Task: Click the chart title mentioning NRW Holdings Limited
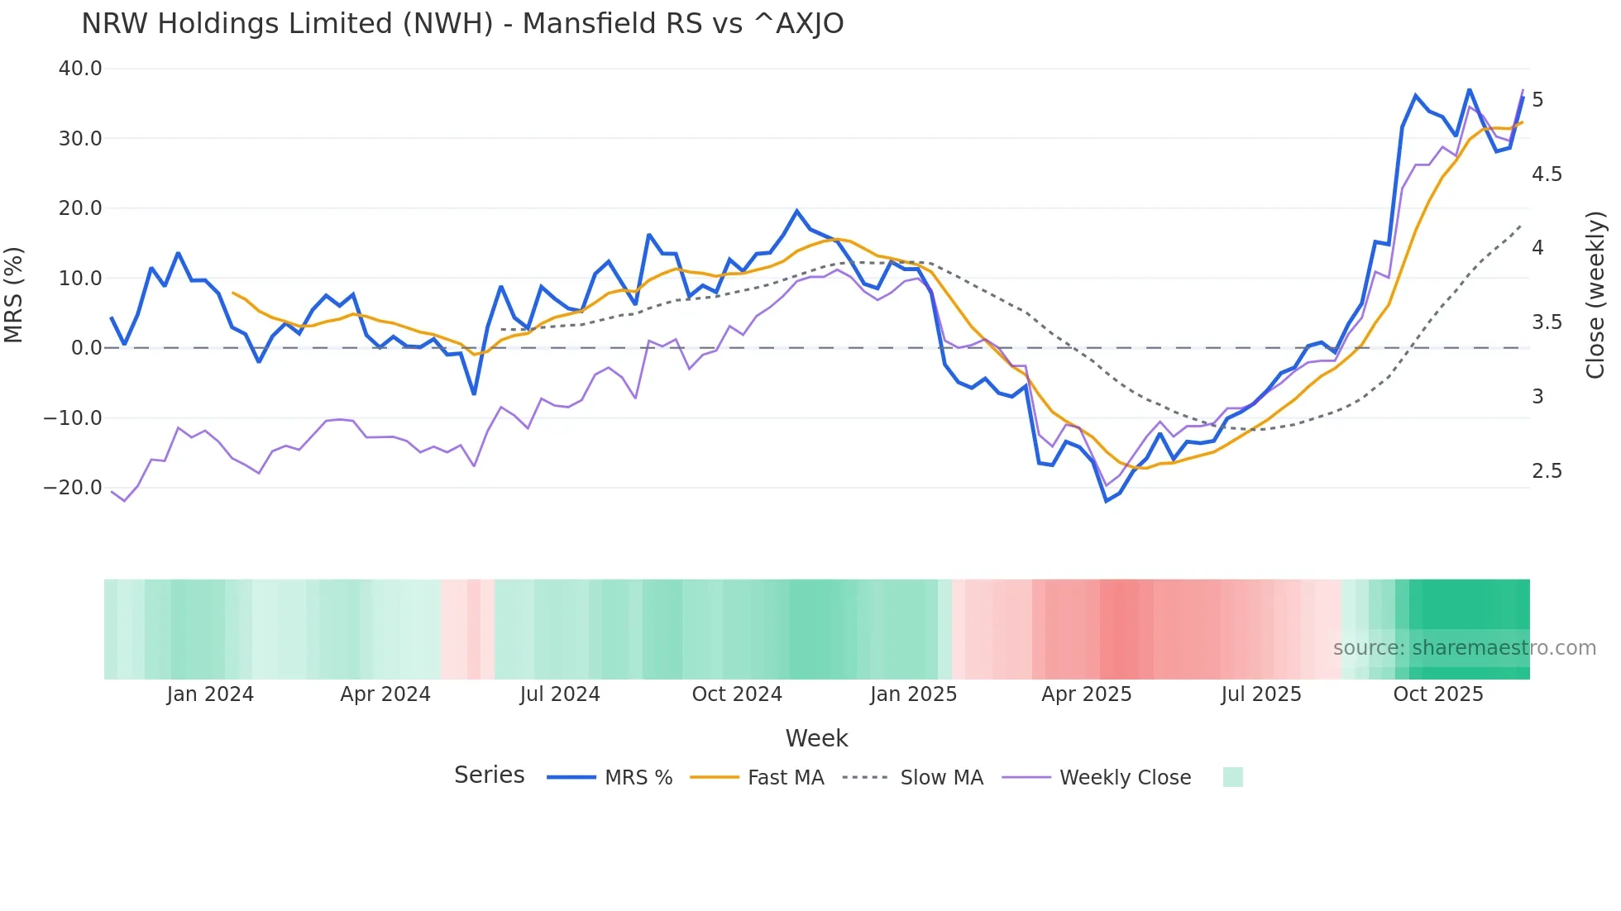[462, 24]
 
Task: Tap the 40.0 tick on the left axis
[80, 69]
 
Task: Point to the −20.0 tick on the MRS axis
[74, 488]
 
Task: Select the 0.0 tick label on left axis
[86, 348]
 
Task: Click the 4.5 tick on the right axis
[1547, 174]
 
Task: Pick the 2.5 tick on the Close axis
[1547, 471]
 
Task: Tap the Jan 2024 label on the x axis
[210, 694]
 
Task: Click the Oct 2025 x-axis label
[1437, 694]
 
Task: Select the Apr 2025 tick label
[1086, 694]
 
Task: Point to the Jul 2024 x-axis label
[560, 694]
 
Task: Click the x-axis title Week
[816, 738]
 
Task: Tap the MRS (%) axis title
[14, 295]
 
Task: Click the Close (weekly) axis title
[1595, 295]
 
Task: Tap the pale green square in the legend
[1232, 777]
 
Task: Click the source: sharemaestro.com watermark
[1464, 648]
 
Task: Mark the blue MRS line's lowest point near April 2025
[1106, 501]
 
